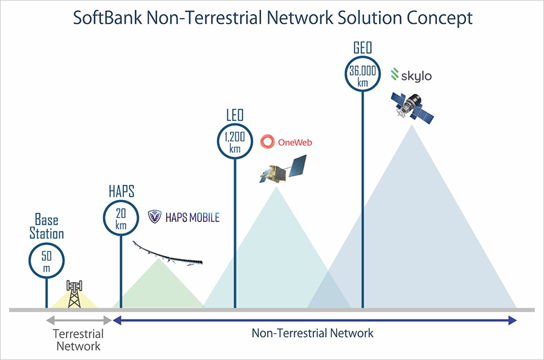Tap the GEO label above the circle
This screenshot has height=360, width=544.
(x=362, y=48)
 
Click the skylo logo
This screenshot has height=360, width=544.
(x=411, y=76)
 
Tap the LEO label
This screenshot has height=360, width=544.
(x=234, y=115)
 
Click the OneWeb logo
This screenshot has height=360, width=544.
(x=286, y=143)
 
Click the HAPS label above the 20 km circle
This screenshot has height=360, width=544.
(x=120, y=193)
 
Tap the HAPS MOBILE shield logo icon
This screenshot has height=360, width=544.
(x=155, y=217)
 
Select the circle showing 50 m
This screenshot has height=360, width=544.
(x=46, y=262)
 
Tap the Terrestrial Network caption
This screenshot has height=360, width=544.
(x=78, y=340)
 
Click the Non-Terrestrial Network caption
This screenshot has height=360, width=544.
(x=312, y=333)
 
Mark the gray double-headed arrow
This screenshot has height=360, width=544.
(x=79, y=321)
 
